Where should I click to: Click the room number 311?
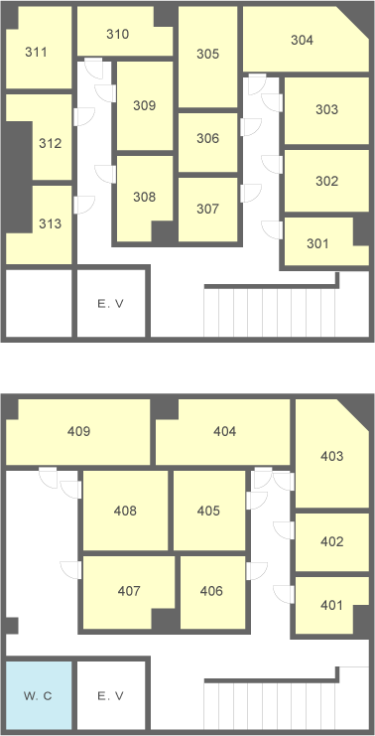click(36, 52)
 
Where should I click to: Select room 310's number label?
click(117, 34)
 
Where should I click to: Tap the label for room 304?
click(302, 41)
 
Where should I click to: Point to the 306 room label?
click(207, 138)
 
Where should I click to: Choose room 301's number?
click(317, 244)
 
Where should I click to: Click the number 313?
click(51, 223)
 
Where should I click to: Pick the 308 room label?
click(145, 197)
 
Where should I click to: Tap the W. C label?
click(38, 696)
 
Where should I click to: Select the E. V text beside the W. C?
click(111, 696)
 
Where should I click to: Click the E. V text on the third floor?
click(111, 304)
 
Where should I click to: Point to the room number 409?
click(78, 431)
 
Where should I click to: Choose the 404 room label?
click(224, 431)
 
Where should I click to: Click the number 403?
click(332, 456)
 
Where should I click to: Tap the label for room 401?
click(332, 606)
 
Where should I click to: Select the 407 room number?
click(129, 591)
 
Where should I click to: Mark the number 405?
click(208, 511)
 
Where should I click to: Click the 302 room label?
click(326, 181)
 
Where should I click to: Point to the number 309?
click(145, 105)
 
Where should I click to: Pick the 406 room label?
click(211, 591)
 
